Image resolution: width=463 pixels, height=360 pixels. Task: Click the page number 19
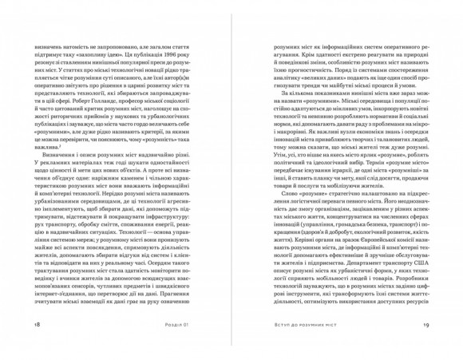[425, 325]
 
